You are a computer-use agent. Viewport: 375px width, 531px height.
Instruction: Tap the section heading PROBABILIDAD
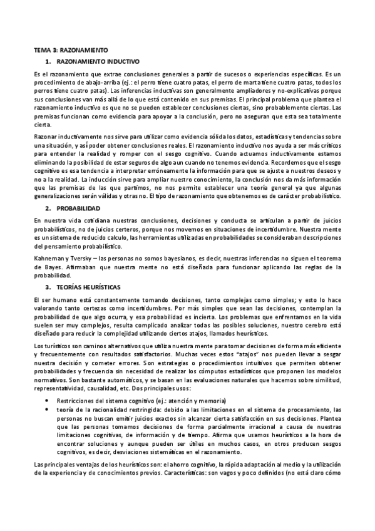pos(78,207)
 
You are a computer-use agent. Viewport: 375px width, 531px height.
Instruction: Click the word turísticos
pos(56,346)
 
